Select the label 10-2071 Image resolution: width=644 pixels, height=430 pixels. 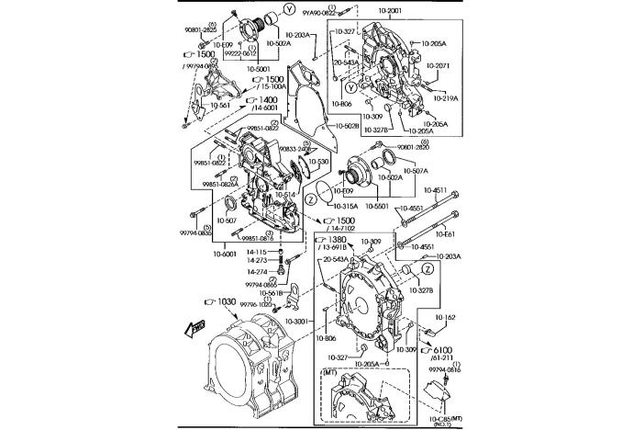pyautogui.click(x=438, y=66)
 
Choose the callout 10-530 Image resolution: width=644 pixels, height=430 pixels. pyautogui.click(x=317, y=162)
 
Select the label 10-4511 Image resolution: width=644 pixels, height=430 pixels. pyautogui.click(x=437, y=190)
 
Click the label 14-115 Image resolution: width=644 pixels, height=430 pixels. pyautogui.click(x=256, y=251)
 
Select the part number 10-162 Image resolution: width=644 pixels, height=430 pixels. pyautogui.click(x=445, y=317)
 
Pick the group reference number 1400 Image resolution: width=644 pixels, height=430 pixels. pyautogui.click(x=268, y=99)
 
